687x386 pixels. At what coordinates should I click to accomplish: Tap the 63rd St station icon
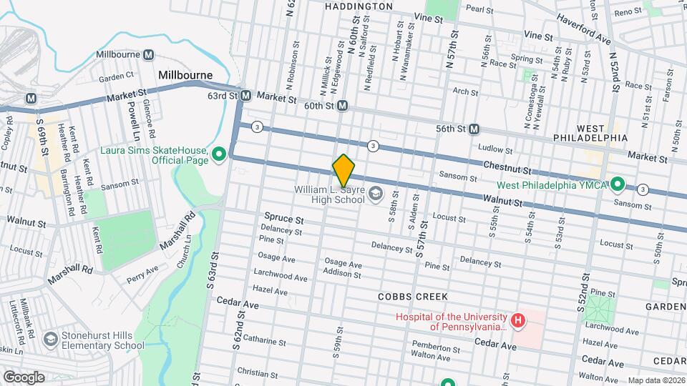(x=245, y=95)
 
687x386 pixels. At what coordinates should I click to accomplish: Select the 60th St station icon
(x=342, y=106)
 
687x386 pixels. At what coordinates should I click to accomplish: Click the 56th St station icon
(x=474, y=129)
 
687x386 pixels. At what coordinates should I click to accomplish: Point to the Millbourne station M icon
(x=150, y=55)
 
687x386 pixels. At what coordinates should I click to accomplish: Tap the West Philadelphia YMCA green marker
(x=619, y=186)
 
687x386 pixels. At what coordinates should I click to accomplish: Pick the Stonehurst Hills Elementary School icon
(x=51, y=339)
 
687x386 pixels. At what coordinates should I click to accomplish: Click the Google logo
(x=23, y=377)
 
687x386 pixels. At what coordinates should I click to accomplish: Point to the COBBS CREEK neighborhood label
(x=414, y=296)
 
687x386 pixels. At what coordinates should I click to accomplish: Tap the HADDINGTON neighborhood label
(x=359, y=6)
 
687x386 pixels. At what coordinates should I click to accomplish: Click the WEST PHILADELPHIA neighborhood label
(x=590, y=138)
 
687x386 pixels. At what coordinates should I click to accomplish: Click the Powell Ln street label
(x=132, y=118)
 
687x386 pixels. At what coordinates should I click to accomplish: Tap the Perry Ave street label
(x=142, y=274)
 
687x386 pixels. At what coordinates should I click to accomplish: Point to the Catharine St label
(x=264, y=340)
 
